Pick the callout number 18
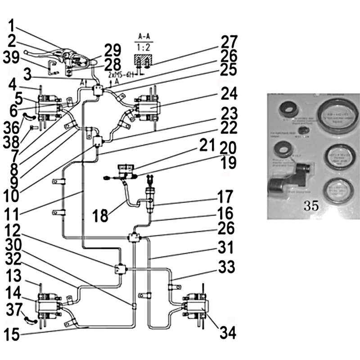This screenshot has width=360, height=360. pyautogui.click(x=100, y=216)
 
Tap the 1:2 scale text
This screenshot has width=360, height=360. pyautogui.click(x=144, y=46)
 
